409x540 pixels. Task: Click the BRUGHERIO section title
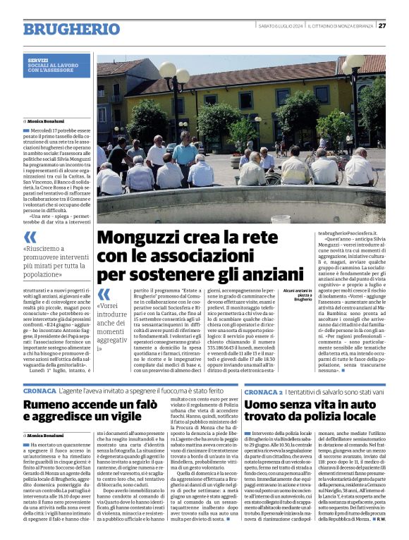[71, 29]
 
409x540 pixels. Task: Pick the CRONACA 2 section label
[264, 390]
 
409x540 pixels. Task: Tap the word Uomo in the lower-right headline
[264, 405]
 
